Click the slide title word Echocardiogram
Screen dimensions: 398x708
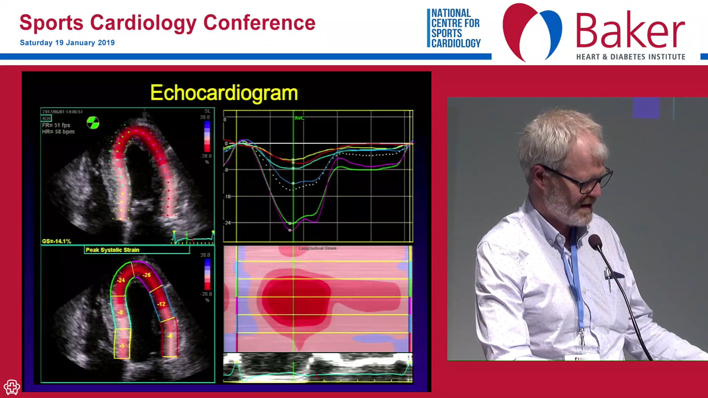[224, 92]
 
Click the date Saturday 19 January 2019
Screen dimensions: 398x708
[67, 43]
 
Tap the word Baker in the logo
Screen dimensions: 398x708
[630, 31]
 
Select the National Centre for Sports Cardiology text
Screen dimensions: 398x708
[455, 28]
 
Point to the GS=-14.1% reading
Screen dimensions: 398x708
[56, 241]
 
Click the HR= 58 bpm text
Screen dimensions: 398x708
[58, 132]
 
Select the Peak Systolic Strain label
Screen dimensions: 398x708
[112, 250]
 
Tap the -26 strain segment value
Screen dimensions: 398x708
[147, 275]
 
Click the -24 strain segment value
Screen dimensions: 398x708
[121, 280]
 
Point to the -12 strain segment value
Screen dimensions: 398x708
[161, 304]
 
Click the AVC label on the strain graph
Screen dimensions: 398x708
[299, 118]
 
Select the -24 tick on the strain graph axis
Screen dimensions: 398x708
[228, 223]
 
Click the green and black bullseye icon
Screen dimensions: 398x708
[93, 123]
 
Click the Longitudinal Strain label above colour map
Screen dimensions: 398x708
[317, 248]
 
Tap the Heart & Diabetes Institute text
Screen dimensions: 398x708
[631, 57]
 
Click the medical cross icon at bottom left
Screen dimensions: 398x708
[12, 387]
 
